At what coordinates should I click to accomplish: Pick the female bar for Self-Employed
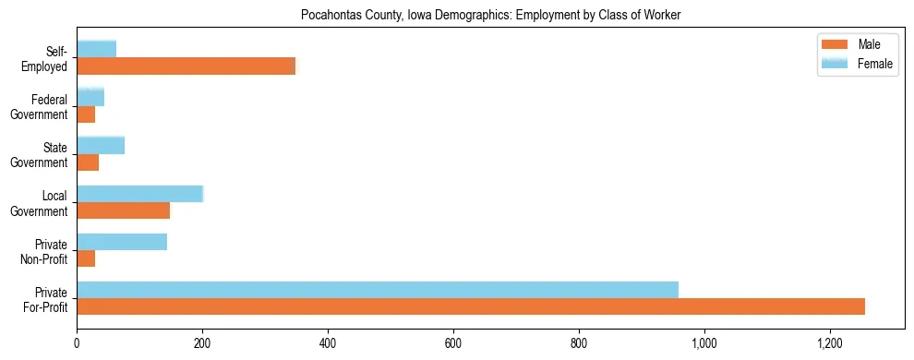click(x=96, y=49)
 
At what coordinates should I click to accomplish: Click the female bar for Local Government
click(x=139, y=193)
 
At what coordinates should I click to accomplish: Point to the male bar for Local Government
click(x=123, y=210)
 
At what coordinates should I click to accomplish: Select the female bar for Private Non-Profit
click(x=122, y=242)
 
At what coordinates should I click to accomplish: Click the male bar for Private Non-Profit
click(x=86, y=258)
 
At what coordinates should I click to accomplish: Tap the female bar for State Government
click(x=101, y=145)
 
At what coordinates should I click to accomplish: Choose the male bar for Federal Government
click(x=86, y=114)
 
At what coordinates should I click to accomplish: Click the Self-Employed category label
click(x=47, y=58)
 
